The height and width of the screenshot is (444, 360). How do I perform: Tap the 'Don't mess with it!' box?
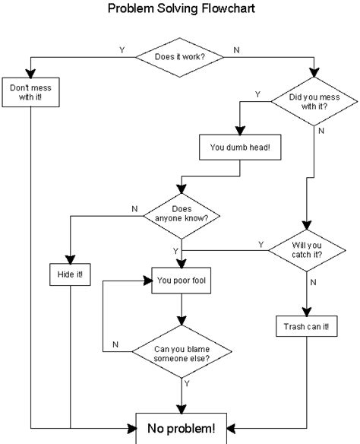point(31,92)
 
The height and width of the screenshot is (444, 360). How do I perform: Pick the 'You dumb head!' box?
point(239,147)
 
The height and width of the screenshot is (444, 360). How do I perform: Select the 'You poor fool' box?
point(182,281)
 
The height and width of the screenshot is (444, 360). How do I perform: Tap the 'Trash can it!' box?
point(306,327)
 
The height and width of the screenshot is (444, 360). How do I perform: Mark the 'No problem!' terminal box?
point(182,428)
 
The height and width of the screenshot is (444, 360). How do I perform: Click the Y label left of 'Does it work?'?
point(122,49)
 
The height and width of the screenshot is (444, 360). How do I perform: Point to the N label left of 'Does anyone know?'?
point(134,208)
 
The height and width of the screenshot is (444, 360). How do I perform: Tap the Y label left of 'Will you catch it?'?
point(261,244)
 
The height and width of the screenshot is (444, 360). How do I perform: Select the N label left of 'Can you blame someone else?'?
point(115,344)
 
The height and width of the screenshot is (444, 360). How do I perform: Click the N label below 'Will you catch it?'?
point(312,281)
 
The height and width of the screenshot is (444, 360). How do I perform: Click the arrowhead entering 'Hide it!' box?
point(70,259)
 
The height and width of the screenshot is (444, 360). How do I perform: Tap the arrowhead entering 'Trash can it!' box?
point(306,312)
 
